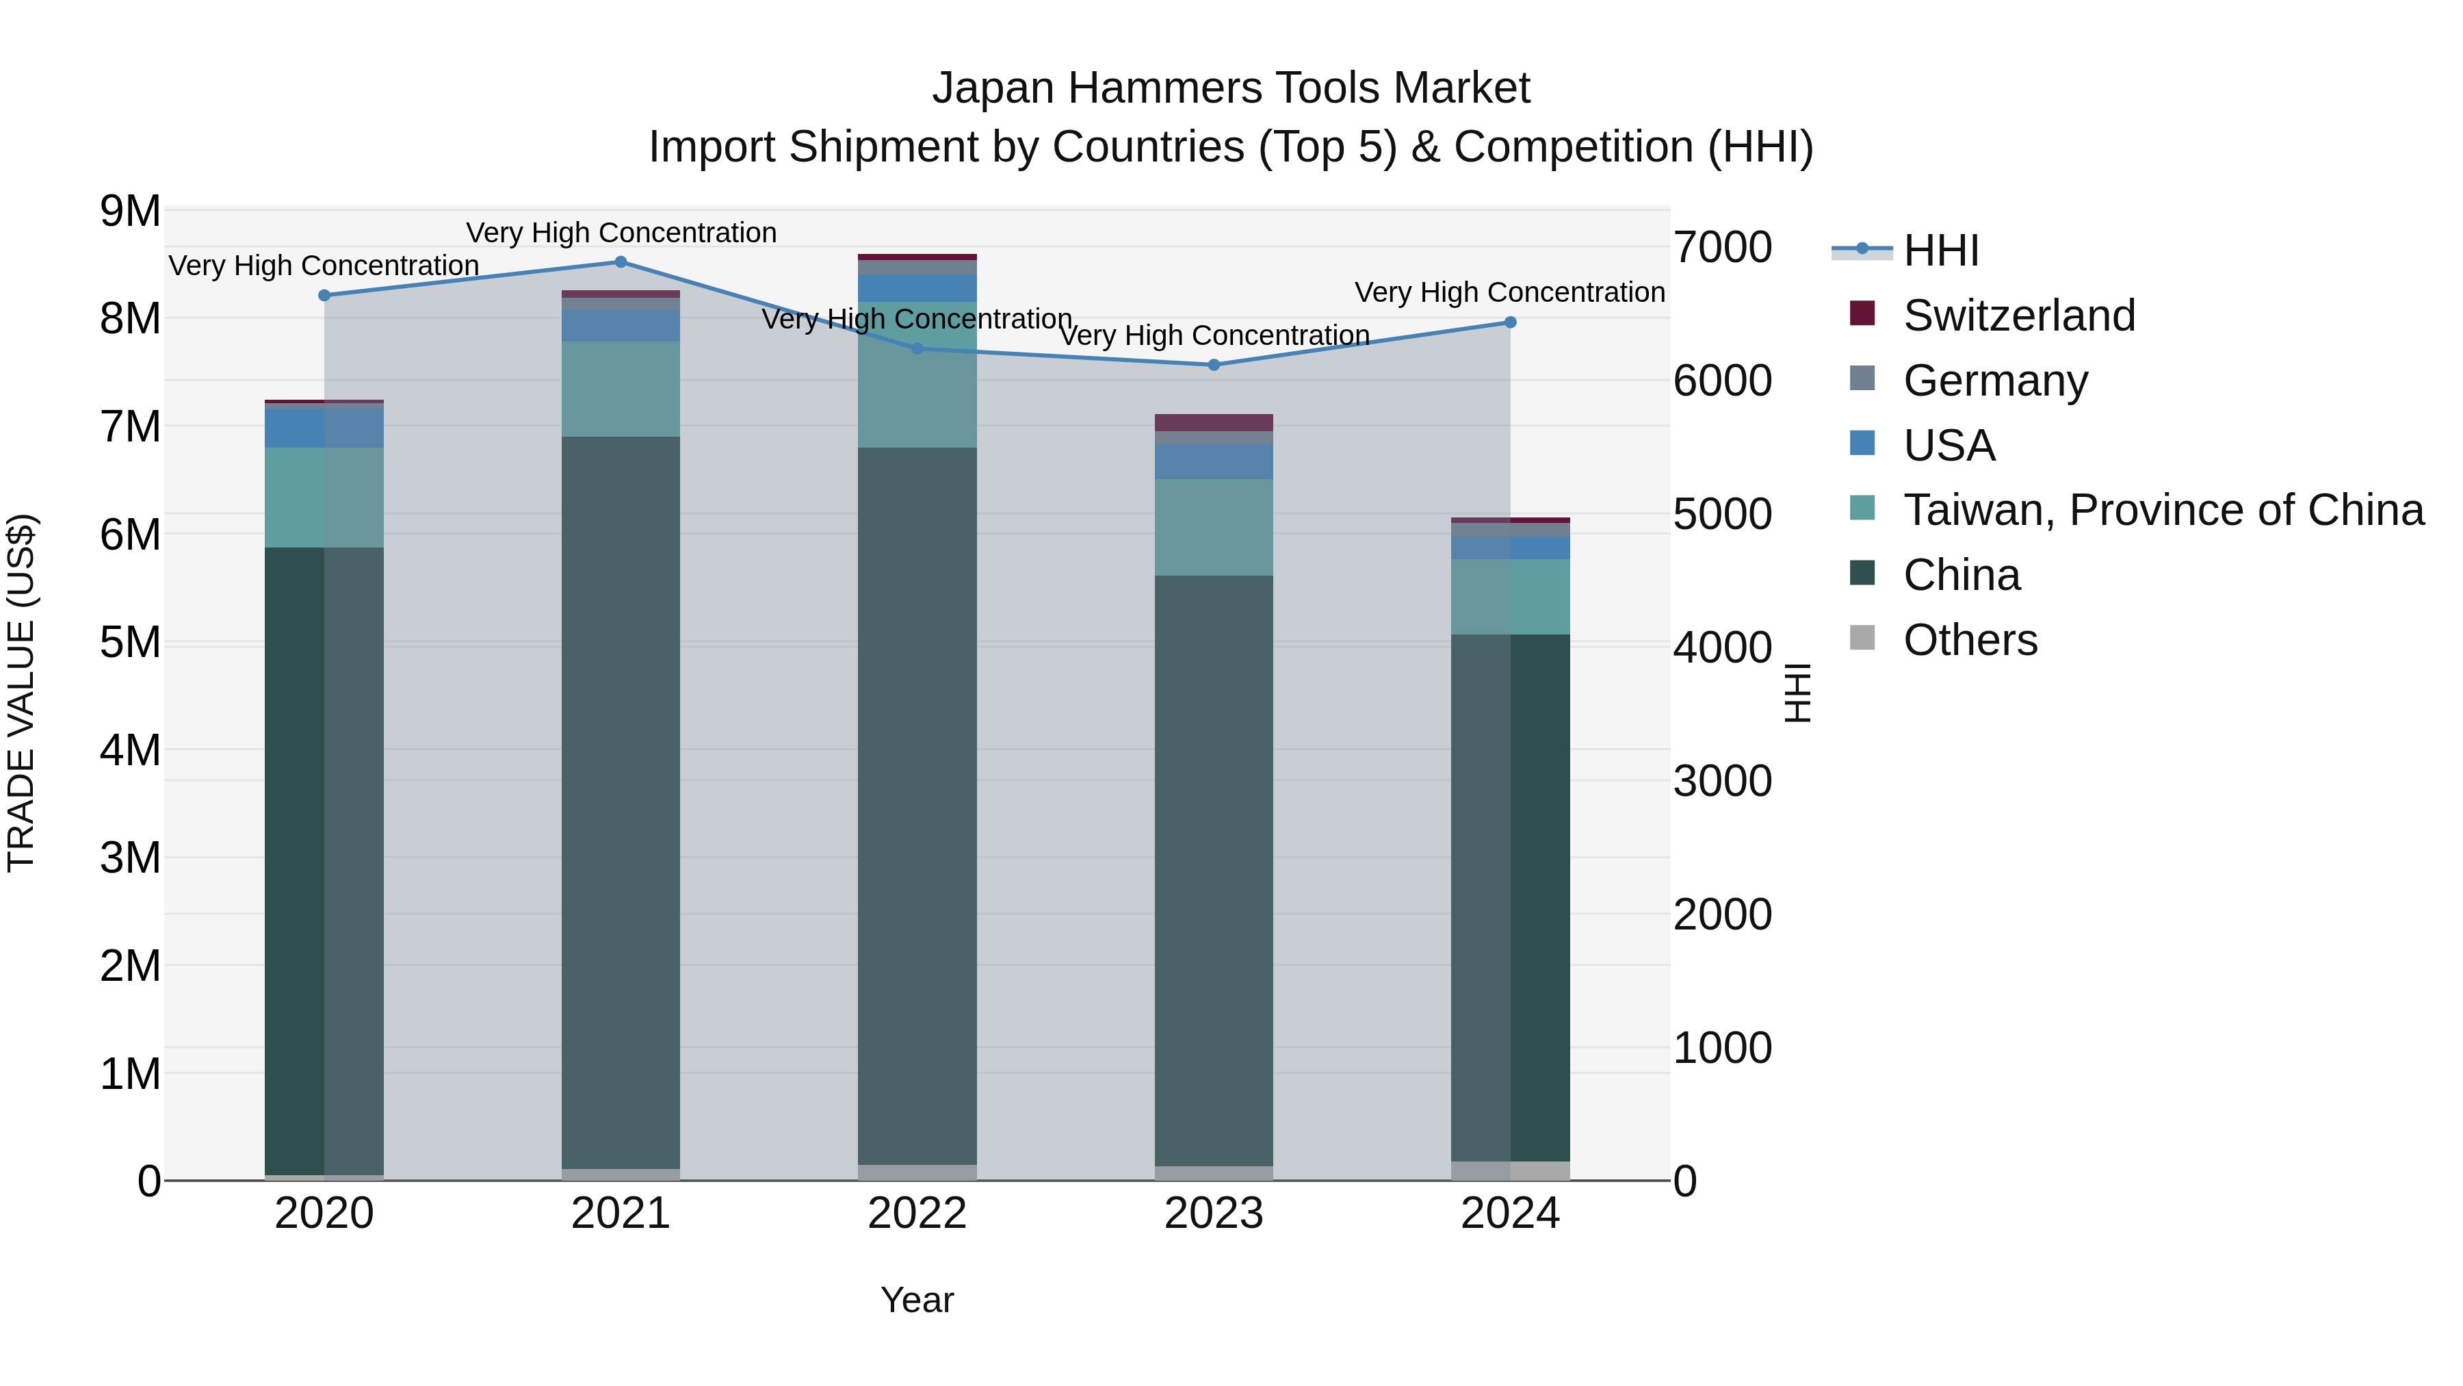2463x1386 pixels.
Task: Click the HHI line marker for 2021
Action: pyautogui.click(x=621, y=262)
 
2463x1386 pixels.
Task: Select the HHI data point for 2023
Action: pyautogui.click(x=1214, y=364)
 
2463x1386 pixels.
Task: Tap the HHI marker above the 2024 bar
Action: pyautogui.click(x=1511, y=322)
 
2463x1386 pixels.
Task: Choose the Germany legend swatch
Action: pyautogui.click(x=1862, y=378)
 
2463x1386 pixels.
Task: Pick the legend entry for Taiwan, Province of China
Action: pyautogui.click(x=2163, y=510)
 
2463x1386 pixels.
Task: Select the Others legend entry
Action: pyautogui.click(x=1970, y=640)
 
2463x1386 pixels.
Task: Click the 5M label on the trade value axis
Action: pyautogui.click(x=130, y=642)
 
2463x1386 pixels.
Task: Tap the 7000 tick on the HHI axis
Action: pyautogui.click(x=1723, y=247)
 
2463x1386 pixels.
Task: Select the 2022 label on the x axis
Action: pyautogui.click(x=917, y=1214)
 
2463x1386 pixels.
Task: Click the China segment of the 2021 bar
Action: pyautogui.click(x=621, y=804)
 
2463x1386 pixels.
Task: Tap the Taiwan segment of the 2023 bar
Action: pyautogui.click(x=1214, y=527)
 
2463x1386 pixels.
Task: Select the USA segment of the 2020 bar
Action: pyautogui.click(x=324, y=428)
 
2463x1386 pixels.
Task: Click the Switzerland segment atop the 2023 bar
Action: pyautogui.click(x=1214, y=423)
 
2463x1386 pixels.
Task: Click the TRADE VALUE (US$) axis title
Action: pyautogui.click(x=21, y=693)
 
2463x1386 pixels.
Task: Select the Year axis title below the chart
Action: pyautogui.click(x=917, y=1300)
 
